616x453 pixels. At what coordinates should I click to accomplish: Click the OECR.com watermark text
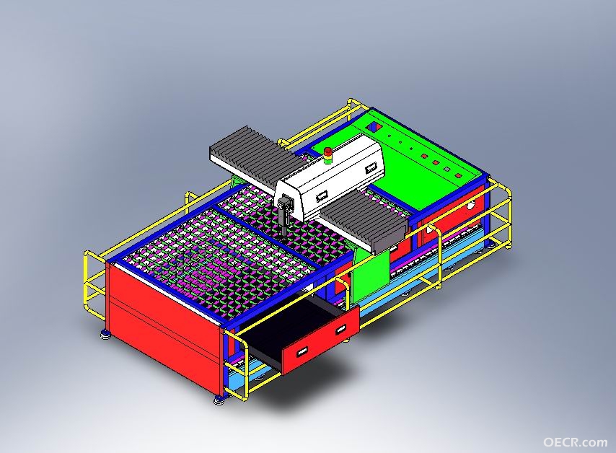point(575,442)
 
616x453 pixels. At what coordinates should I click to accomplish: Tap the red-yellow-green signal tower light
point(327,156)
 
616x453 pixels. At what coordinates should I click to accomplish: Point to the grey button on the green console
point(446,169)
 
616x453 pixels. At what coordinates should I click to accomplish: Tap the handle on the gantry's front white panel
point(322,195)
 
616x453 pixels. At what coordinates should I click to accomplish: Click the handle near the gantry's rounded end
point(371,170)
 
